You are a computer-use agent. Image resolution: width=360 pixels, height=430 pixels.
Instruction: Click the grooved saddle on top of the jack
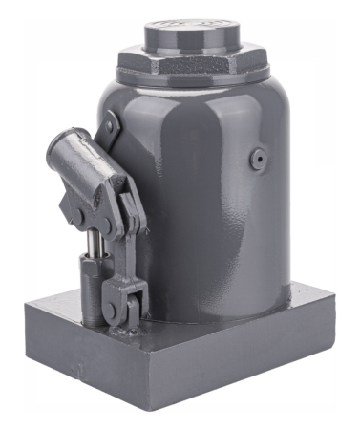click(x=192, y=35)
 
